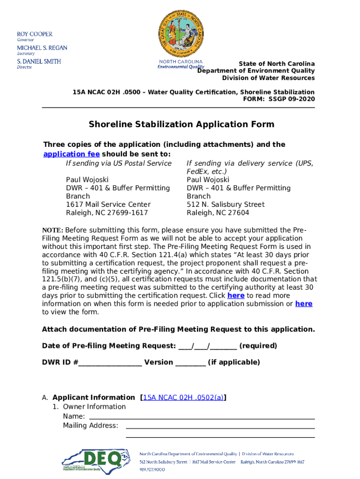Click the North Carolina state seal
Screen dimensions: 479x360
point(180,32)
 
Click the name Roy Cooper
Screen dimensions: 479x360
point(35,34)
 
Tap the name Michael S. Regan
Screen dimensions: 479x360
point(42,48)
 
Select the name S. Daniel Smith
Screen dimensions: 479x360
point(39,61)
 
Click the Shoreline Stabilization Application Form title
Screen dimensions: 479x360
point(181,124)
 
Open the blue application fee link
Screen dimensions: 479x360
point(71,154)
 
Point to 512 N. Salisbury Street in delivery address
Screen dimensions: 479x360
point(225,204)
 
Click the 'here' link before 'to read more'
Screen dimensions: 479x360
point(236,296)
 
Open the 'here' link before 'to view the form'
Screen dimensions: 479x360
point(303,304)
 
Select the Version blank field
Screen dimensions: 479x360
point(190,363)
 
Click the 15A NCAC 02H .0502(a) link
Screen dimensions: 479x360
point(183,398)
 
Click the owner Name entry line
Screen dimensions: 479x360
point(201,417)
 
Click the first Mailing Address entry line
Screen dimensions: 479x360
point(220,426)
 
